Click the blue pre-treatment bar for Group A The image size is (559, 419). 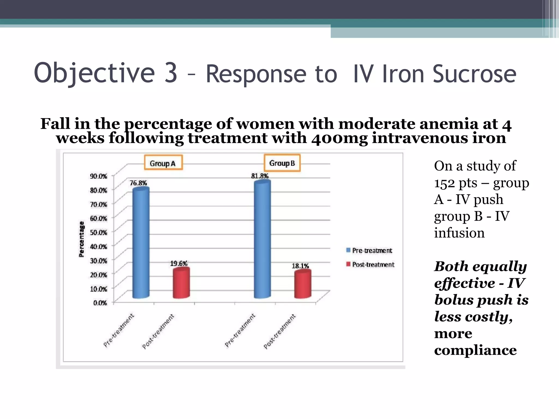coord(141,243)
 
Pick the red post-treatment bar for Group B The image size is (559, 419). coord(302,284)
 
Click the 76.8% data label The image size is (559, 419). coord(138,183)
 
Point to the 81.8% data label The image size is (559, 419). coord(260,176)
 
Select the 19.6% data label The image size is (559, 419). coord(179,264)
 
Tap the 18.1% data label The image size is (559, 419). coord(300,266)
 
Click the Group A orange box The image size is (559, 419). coord(163,163)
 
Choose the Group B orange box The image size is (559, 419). coord(282,163)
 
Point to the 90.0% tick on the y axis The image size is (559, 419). coord(99,176)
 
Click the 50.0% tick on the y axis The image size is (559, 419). coord(99,232)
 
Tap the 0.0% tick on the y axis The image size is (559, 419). coord(100,303)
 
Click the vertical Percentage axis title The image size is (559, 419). coord(81,239)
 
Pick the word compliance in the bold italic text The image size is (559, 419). coord(475,351)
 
